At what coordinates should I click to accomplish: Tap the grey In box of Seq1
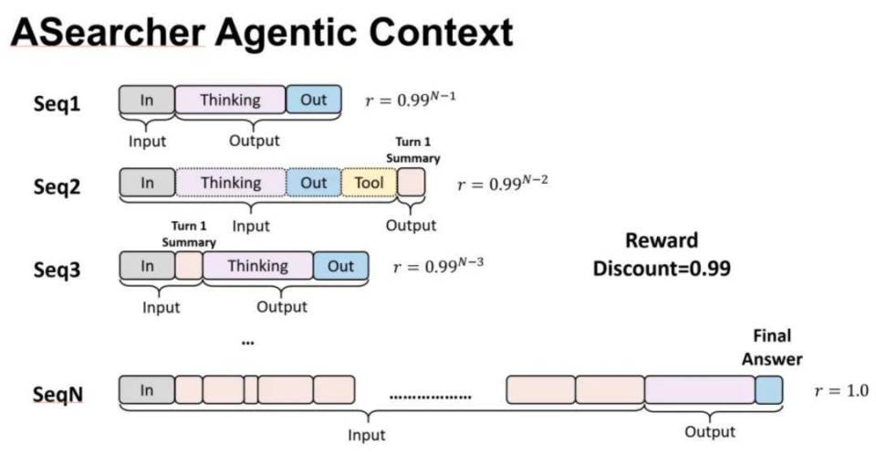[x=147, y=101]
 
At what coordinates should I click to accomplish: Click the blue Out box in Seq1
[x=313, y=101]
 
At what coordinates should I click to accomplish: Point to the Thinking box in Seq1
[x=230, y=101]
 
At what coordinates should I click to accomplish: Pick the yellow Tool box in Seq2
[x=369, y=183]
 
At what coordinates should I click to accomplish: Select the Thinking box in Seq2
[x=231, y=183]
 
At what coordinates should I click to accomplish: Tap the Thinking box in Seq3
[x=257, y=266]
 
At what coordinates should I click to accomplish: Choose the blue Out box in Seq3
[x=340, y=266]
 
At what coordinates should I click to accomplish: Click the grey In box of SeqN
[x=146, y=390]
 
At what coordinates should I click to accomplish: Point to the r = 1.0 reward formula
[x=839, y=390]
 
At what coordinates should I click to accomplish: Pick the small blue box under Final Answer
[x=769, y=390]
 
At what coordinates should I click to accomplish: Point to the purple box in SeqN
[x=699, y=390]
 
